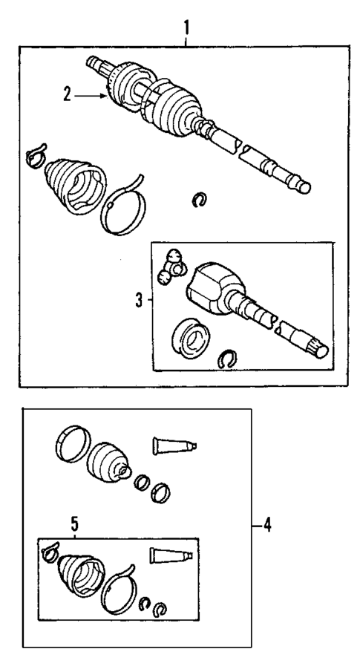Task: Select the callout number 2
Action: (x=67, y=94)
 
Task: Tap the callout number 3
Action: (x=139, y=301)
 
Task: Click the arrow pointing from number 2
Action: (x=93, y=94)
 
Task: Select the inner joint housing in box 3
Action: (x=212, y=290)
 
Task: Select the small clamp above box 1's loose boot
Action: (x=33, y=156)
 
